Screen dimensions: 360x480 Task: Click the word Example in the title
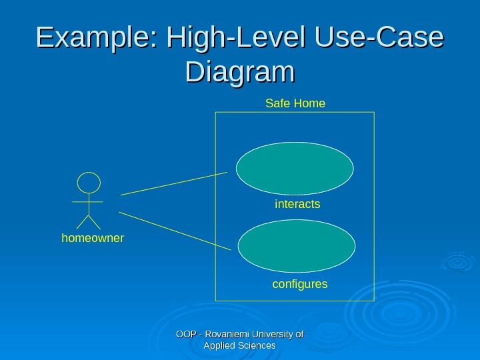[93, 39]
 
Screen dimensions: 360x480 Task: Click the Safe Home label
[295, 103]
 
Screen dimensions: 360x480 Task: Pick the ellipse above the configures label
[297, 247]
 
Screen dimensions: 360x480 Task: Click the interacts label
[297, 204]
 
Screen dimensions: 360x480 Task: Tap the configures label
[300, 284]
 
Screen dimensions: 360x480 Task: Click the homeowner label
[93, 237]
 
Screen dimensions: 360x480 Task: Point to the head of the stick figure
[89, 183]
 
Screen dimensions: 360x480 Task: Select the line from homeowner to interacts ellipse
[173, 183]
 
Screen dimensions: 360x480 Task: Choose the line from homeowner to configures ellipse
[175, 231]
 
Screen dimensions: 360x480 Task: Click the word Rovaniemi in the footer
[229, 334]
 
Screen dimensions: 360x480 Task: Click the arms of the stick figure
[88, 201]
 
